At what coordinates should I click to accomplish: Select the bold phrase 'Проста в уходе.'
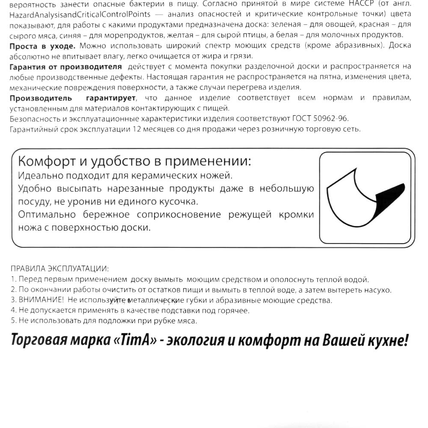(x=42, y=45)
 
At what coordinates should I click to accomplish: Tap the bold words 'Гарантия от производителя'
(x=65, y=66)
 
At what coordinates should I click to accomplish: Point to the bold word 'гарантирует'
(x=110, y=98)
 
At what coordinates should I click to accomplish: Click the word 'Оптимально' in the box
(x=47, y=214)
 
